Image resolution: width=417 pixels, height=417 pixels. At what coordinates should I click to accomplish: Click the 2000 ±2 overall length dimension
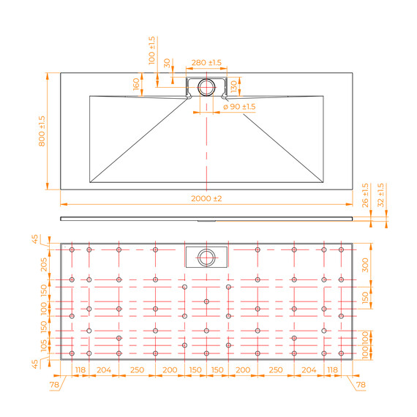pos(206,198)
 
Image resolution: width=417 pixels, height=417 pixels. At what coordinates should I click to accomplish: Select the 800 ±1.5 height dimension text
pos(42,131)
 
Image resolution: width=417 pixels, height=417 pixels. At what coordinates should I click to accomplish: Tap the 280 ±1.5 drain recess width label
pos(206,62)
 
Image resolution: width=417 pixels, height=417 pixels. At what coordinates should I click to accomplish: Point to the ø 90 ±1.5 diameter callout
pos(239,107)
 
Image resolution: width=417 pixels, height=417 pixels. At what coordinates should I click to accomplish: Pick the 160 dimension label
pos(136,84)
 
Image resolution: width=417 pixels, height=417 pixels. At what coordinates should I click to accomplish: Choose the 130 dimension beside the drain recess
pos(233,86)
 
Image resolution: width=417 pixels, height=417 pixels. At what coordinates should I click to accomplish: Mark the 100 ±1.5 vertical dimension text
pos(151,50)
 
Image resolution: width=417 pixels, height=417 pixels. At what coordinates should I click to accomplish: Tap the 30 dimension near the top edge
pos(167,63)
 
